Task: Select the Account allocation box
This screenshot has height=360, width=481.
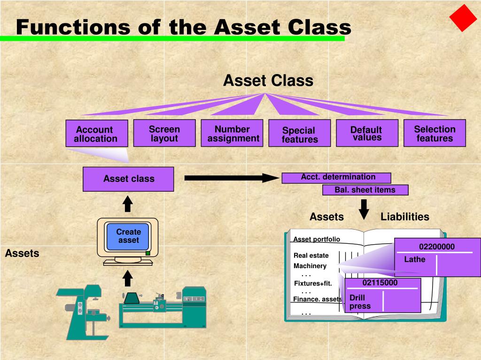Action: pyautogui.click(x=96, y=134)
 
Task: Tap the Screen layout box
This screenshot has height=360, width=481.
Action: pyautogui.click(x=164, y=133)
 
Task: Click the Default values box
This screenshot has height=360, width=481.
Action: pyautogui.click(x=367, y=133)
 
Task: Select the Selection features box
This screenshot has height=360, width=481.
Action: pyautogui.click(x=434, y=133)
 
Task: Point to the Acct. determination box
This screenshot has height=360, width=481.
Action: pyautogui.click(x=336, y=178)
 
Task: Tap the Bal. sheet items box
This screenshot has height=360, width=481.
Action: pyautogui.click(x=365, y=190)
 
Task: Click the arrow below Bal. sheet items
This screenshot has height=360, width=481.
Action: pyautogui.click(x=364, y=210)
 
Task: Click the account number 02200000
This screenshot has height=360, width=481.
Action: pyautogui.click(x=437, y=247)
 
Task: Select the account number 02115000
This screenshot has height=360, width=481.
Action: pyautogui.click(x=380, y=283)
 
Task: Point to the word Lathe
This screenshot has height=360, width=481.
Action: pyautogui.click(x=415, y=259)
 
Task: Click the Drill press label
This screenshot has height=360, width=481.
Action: pyautogui.click(x=360, y=302)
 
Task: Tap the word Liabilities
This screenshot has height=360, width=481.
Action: pyautogui.click(x=405, y=217)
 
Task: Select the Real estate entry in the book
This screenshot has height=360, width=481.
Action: pyautogui.click(x=311, y=255)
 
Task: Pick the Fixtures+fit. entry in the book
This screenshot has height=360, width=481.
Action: pyautogui.click(x=313, y=283)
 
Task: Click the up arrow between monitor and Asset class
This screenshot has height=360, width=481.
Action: pyautogui.click(x=128, y=204)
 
